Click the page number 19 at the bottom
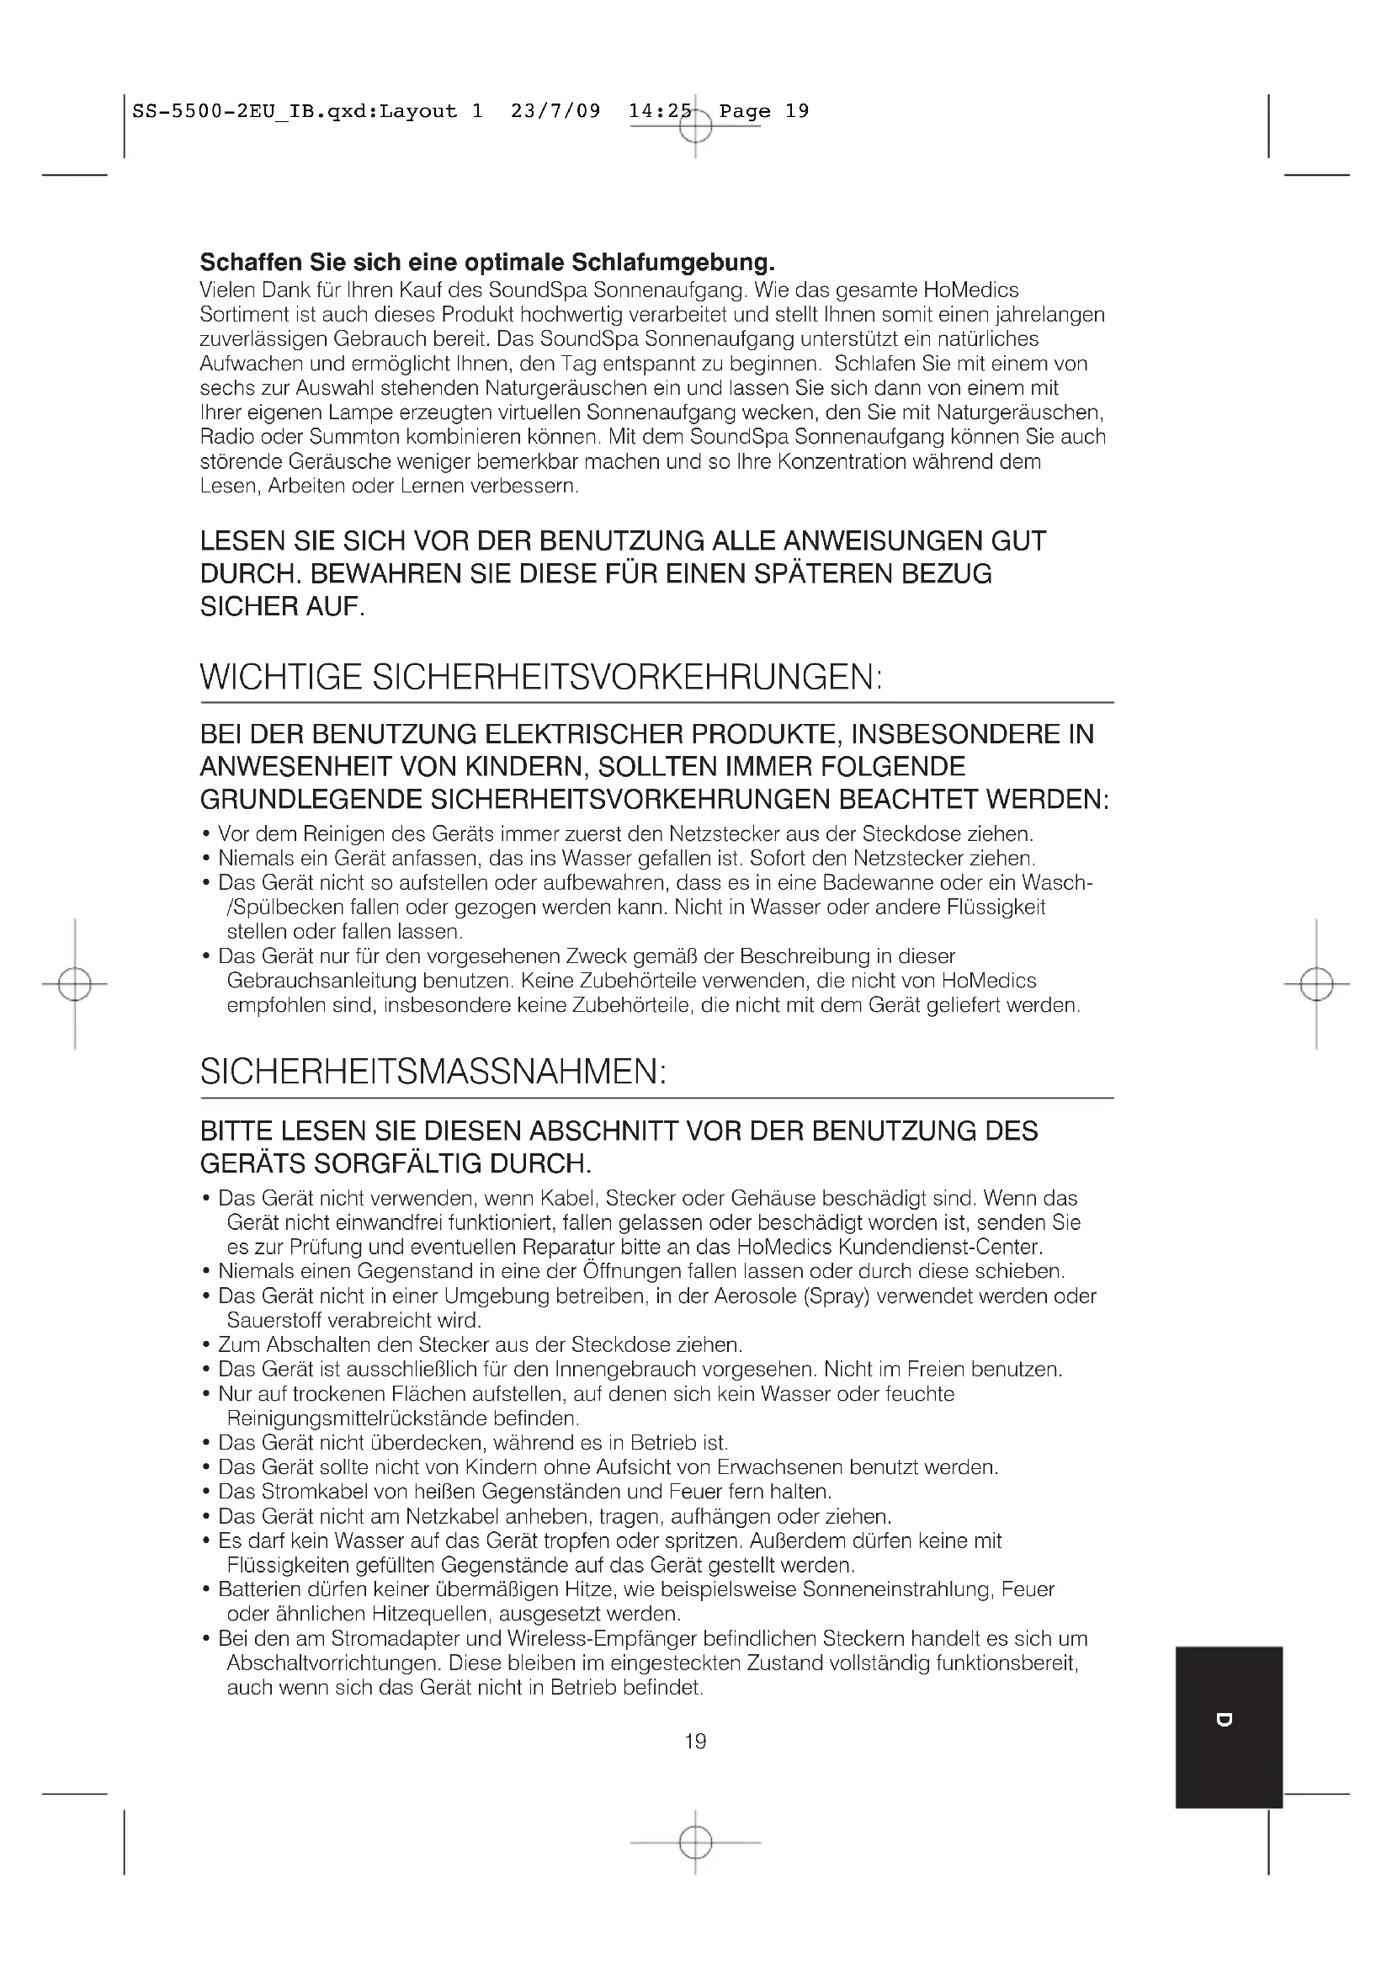coord(695,1741)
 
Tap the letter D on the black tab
coord(1225,1719)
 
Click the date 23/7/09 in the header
coord(555,110)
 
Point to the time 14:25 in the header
coord(659,110)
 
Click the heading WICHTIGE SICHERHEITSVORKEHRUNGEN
coord(541,678)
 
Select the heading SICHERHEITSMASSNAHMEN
coord(433,1072)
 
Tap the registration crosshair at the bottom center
coord(695,1842)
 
